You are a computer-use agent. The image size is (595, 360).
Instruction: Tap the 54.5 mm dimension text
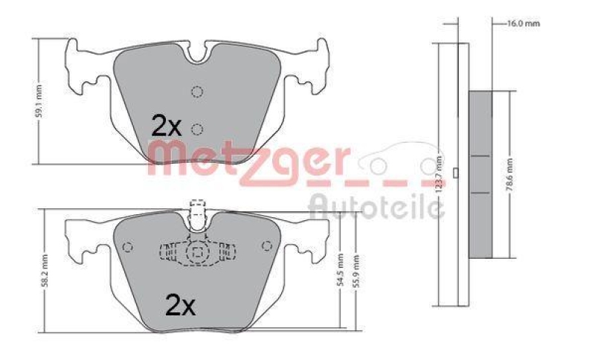tap(341, 272)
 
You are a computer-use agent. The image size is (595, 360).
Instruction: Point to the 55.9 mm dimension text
tap(356, 272)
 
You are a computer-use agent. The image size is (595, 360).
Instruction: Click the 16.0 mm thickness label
tap(523, 24)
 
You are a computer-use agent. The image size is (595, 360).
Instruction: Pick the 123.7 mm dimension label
tap(440, 176)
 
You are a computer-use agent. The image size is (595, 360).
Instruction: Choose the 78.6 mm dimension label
tap(510, 173)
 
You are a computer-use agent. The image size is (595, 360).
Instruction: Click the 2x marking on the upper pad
tap(167, 124)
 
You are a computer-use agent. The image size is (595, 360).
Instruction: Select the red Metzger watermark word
tap(249, 160)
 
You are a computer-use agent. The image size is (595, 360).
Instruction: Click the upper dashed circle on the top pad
tap(197, 92)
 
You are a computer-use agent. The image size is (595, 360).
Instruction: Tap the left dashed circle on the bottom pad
tap(126, 247)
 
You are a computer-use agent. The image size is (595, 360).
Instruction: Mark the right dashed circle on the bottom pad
tap(267, 247)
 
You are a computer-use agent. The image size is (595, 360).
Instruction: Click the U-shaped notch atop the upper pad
tap(197, 53)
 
